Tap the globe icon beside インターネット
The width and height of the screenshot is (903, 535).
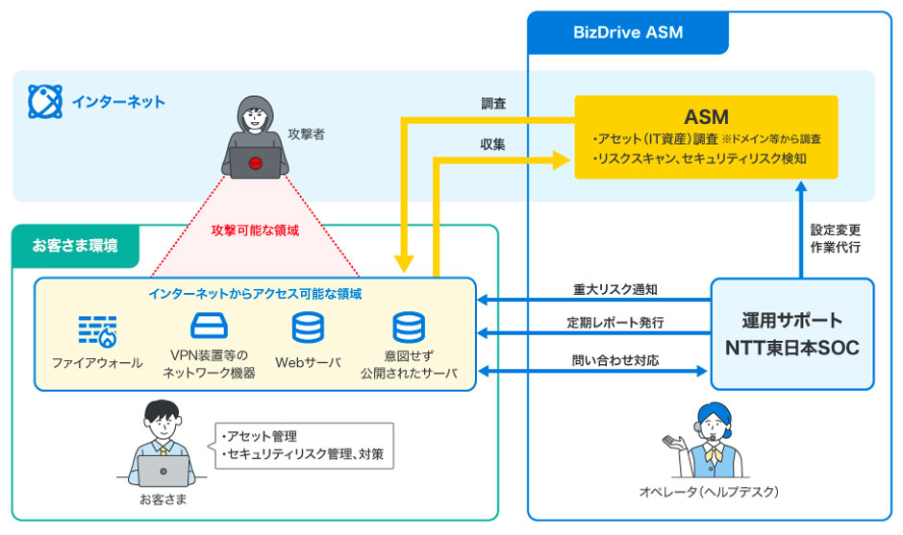44,100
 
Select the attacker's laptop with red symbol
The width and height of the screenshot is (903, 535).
255,163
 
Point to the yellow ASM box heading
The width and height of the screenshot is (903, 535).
706,116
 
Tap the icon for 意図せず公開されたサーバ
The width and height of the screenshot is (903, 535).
408,328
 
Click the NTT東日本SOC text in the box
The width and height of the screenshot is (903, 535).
791,348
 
